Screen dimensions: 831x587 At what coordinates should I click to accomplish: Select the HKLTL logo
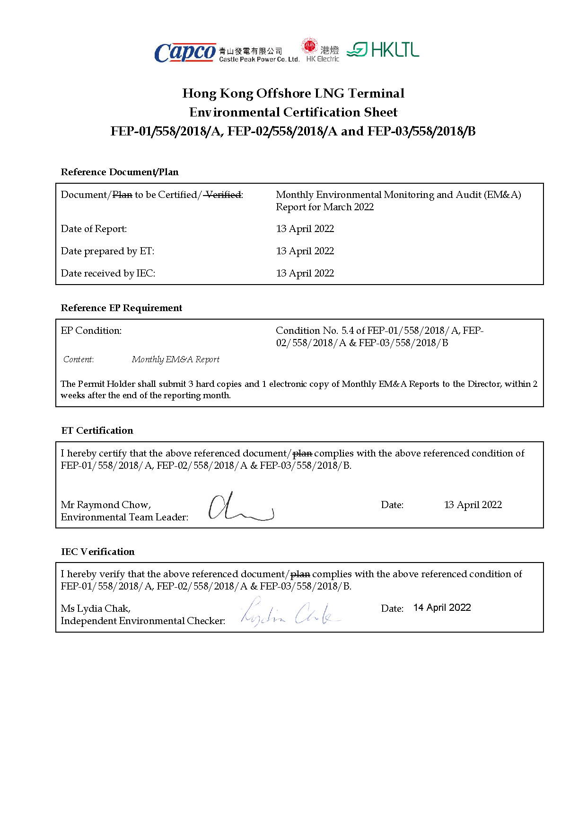pos(383,49)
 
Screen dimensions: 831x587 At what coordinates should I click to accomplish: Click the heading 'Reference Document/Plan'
pos(120,172)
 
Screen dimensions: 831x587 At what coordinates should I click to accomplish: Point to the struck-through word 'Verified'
pos(223,195)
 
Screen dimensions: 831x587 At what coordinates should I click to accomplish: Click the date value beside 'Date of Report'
pos(305,229)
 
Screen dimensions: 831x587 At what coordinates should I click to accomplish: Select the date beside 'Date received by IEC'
pos(305,273)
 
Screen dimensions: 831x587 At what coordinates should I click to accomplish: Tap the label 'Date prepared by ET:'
pos(107,251)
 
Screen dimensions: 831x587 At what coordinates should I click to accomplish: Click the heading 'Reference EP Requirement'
pos(122,308)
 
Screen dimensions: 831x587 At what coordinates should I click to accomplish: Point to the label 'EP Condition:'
pos(91,331)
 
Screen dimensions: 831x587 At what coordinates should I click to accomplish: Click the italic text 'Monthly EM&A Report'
pos(175,359)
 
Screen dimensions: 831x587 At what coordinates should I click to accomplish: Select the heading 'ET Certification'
pos(97,430)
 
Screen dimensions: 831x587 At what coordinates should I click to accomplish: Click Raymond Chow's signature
pos(240,508)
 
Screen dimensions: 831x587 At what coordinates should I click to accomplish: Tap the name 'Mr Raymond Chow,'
pos(106,505)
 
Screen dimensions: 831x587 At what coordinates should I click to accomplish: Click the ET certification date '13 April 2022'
pos(473,505)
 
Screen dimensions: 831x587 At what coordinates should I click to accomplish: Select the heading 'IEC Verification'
pos(98,552)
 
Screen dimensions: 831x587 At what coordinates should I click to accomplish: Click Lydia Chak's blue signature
pos(289,612)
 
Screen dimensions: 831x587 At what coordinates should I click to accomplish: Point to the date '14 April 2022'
pos(442,608)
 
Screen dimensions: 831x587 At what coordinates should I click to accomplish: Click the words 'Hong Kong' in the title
pos(218,93)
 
